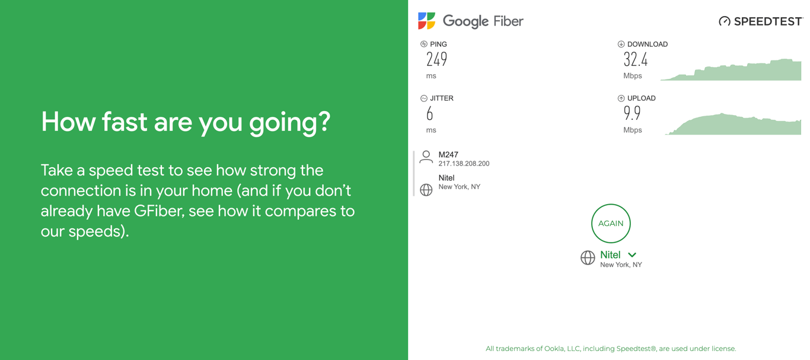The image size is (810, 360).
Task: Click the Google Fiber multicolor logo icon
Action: point(426,21)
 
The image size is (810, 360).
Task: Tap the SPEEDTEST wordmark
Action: point(767,21)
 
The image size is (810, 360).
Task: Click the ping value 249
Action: point(436,59)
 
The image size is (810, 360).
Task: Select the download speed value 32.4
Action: point(635,59)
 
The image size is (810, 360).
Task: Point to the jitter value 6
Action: point(430,113)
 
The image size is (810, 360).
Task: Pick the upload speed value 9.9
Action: point(632,113)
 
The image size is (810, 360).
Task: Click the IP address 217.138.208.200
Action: point(464,164)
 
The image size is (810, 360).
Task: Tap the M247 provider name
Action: point(448,155)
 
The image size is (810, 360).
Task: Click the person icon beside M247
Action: point(426,157)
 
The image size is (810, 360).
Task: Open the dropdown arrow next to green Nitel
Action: point(632,255)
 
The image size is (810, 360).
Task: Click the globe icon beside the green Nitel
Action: point(588,257)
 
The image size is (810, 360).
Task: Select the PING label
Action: point(438,44)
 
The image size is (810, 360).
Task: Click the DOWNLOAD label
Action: point(647,44)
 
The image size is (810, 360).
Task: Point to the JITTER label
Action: point(441,98)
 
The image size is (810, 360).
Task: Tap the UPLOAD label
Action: point(641,98)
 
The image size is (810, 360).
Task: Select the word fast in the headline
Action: point(125,122)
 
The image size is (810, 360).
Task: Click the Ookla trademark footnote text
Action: point(611,349)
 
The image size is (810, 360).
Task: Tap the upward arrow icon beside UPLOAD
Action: point(621,98)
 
